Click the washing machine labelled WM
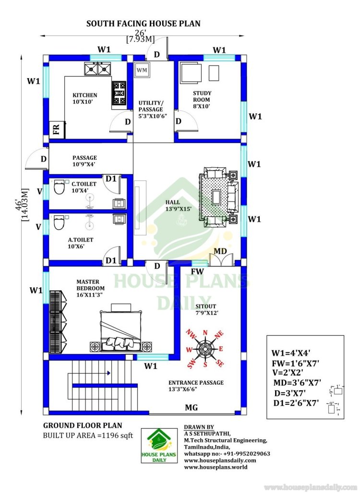(x=142, y=70)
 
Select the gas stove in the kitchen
(x=119, y=93)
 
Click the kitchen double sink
(x=97, y=69)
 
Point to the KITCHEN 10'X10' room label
(x=85, y=98)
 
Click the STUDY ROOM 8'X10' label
(x=202, y=100)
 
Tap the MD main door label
(x=220, y=251)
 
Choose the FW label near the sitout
(x=198, y=271)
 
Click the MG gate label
(x=192, y=408)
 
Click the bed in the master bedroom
(x=120, y=328)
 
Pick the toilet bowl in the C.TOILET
(x=59, y=187)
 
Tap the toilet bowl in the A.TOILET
(x=59, y=223)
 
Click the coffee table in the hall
(x=216, y=197)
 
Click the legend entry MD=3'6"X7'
(x=297, y=383)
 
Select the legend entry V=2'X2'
(x=288, y=373)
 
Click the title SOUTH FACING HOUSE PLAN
(x=144, y=23)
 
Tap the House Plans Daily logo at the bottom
(x=159, y=446)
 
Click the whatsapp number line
(x=227, y=454)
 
